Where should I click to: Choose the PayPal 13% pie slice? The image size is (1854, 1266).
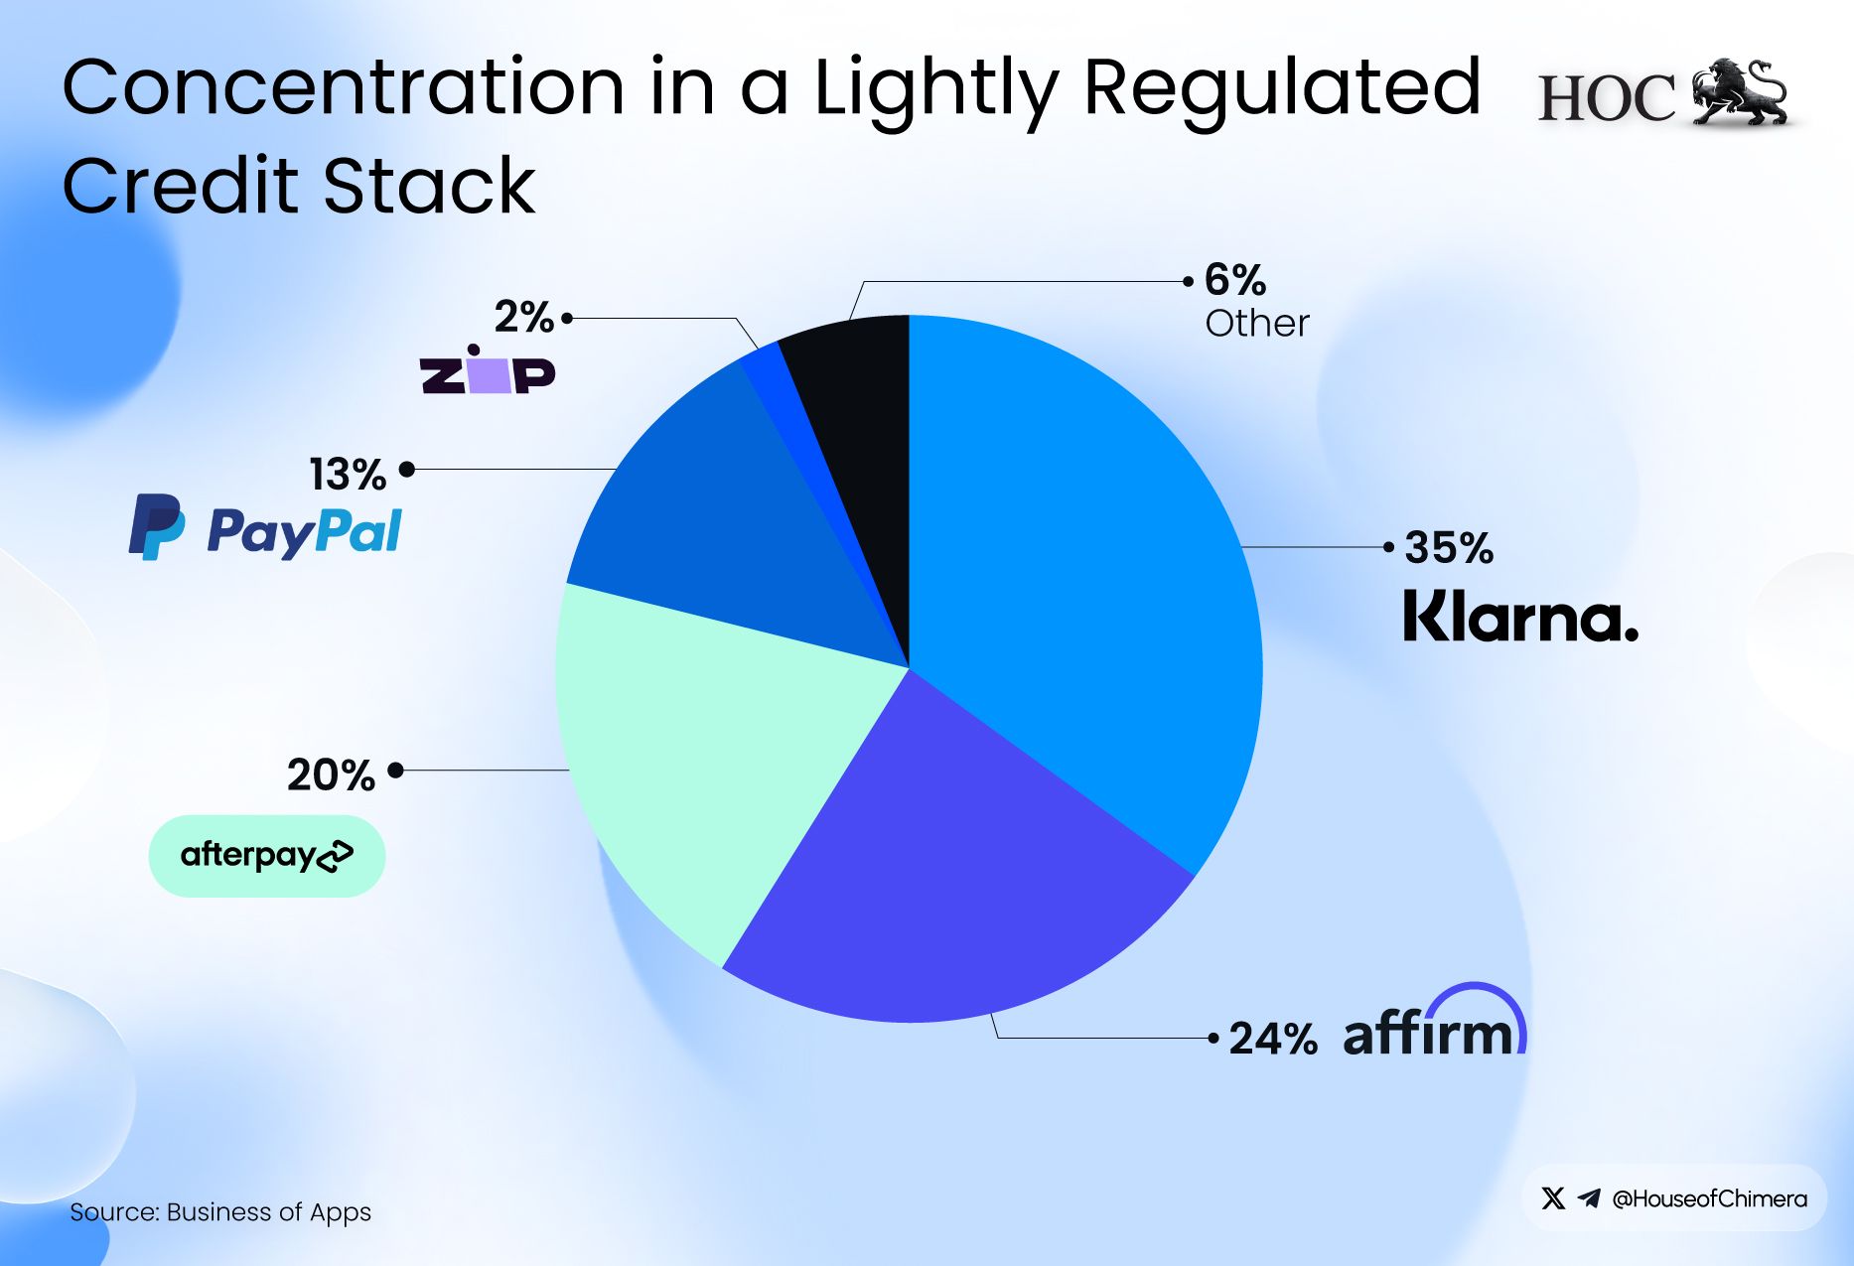715,526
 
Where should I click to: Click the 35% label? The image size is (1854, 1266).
1448,548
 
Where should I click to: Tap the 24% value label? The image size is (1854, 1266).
1272,1039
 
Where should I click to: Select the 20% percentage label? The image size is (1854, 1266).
331,774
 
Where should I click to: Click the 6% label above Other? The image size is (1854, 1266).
1234,281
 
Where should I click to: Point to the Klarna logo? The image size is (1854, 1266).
1519,617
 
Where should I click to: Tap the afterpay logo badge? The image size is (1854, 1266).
266,856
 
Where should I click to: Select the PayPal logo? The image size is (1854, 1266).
265,528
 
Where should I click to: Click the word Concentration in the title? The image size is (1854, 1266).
343,87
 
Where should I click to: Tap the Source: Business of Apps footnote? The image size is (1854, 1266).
220,1212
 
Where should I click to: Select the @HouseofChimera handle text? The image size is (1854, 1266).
1709,1199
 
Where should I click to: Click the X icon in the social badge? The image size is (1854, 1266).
1553,1198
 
